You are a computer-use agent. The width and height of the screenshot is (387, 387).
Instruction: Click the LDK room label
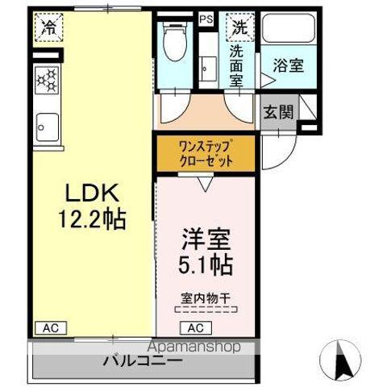[92, 193]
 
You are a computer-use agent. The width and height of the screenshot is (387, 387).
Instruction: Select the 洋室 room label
[207, 240]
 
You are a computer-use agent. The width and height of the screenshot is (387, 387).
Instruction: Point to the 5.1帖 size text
[207, 264]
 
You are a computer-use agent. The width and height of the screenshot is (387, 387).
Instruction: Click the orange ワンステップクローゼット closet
[206, 153]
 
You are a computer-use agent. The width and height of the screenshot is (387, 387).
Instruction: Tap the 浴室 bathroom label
[288, 66]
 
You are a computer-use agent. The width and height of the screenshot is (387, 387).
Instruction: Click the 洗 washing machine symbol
[240, 27]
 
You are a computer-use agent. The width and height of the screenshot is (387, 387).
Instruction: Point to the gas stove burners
[47, 79]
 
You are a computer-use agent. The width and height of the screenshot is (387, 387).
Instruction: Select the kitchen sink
[47, 125]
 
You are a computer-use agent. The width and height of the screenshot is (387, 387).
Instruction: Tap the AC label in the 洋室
[195, 328]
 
